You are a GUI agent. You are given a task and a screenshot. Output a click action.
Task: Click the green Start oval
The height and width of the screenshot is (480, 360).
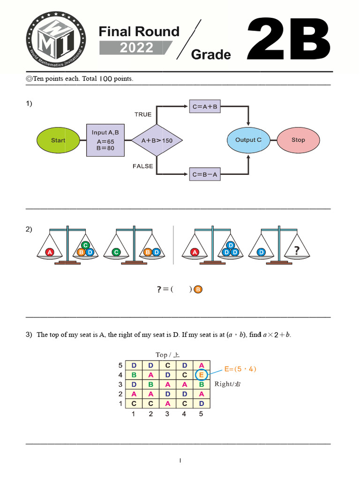[x=58, y=140]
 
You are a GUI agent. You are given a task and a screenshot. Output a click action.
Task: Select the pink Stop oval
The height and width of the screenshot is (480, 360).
[x=298, y=140]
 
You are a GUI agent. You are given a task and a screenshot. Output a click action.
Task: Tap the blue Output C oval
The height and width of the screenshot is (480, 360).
[x=248, y=140]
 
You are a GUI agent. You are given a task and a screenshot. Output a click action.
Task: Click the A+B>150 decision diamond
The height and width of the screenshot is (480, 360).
[x=156, y=140]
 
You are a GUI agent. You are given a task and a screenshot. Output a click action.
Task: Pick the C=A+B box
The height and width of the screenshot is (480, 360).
[x=205, y=106]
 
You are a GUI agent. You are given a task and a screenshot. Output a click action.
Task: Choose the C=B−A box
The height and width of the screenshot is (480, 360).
[x=205, y=174]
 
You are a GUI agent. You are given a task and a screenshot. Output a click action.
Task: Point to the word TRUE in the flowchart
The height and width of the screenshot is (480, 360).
[x=143, y=114]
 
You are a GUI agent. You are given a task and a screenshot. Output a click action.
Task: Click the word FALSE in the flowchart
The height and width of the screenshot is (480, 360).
[x=143, y=166]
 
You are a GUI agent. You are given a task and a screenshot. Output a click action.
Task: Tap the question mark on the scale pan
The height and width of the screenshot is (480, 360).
[x=296, y=251]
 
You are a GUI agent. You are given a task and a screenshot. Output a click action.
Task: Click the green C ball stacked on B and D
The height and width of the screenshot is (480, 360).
[x=85, y=245]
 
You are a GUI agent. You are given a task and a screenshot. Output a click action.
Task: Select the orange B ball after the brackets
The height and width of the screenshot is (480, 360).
[x=198, y=290]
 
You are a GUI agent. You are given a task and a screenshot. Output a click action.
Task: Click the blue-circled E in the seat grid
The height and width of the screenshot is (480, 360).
[x=201, y=375]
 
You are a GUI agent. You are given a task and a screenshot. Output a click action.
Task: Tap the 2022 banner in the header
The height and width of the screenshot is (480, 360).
[x=136, y=48]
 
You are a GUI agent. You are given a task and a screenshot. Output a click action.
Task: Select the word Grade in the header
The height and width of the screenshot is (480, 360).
[x=211, y=55]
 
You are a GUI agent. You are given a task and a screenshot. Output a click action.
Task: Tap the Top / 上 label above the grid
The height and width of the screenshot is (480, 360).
[x=167, y=354]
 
